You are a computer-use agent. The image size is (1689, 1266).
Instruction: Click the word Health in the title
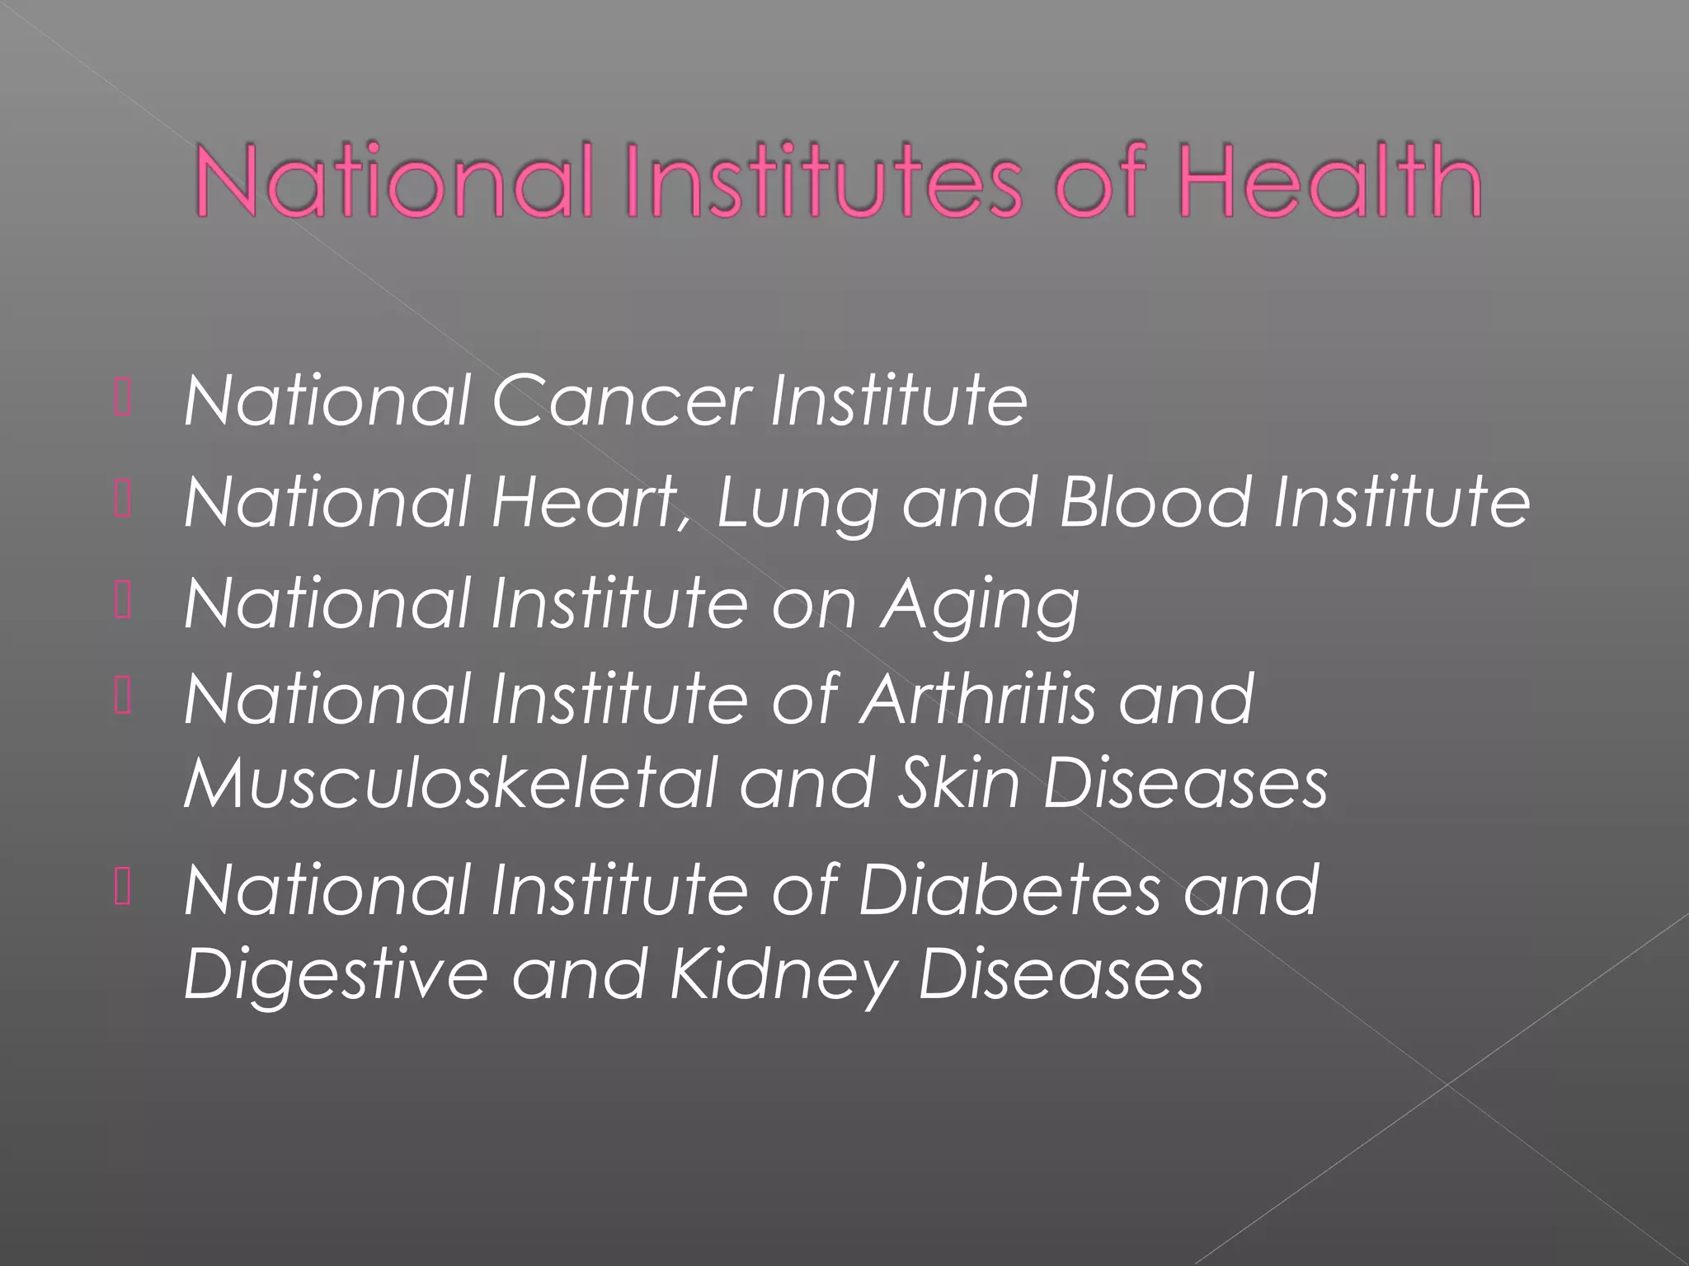click(x=1329, y=181)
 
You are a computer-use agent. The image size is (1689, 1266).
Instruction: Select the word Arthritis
click(x=977, y=699)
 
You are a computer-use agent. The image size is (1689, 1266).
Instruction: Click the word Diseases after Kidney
click(x=1061, y=974)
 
